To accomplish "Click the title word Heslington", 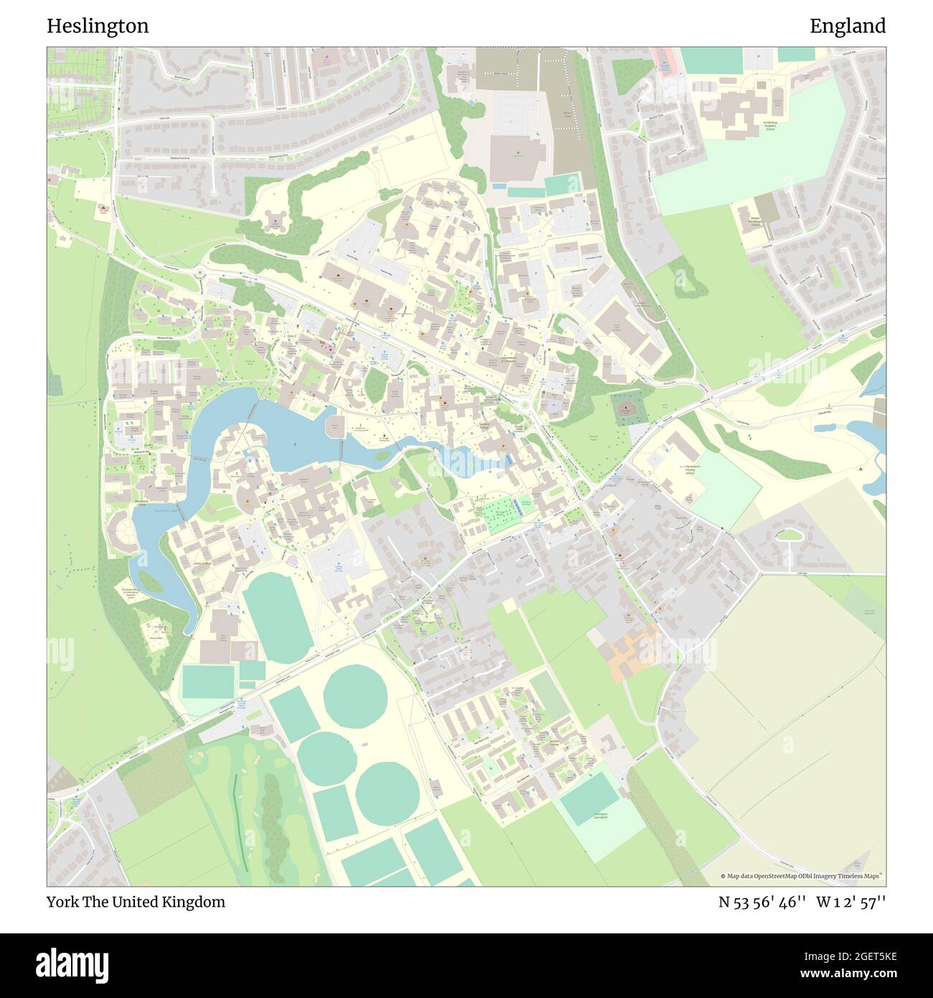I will pyautogui.click(x=98, y=26).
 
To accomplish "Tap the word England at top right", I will pyautogui.click(x=848, y=26).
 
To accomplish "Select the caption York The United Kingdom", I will pyautogui.click(x=136, y=902).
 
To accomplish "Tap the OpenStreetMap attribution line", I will pyautogui.click(x=802, y=876).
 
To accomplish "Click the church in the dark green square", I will pyautogui.click(x=627, y=409).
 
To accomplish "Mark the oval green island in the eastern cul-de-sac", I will pyautogui.click(x=788, y=533).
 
